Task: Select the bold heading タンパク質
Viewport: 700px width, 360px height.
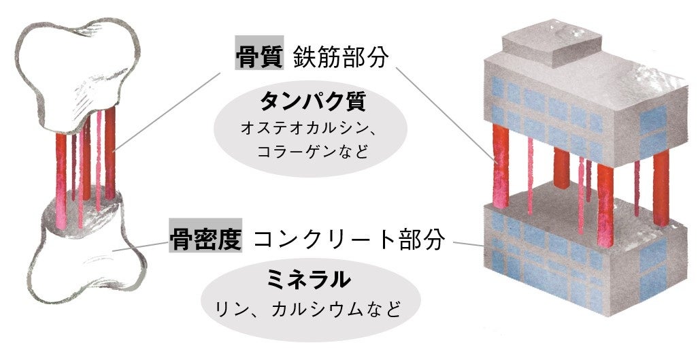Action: pos(313,102)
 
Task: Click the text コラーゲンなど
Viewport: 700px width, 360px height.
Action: pos(313,151)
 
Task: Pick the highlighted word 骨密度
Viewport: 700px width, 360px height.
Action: pos(205,239)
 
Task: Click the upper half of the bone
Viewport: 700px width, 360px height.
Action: pos(75,68)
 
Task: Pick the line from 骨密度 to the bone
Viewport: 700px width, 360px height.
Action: pos(139,245)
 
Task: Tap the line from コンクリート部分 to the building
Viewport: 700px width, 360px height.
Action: pos(466,243)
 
